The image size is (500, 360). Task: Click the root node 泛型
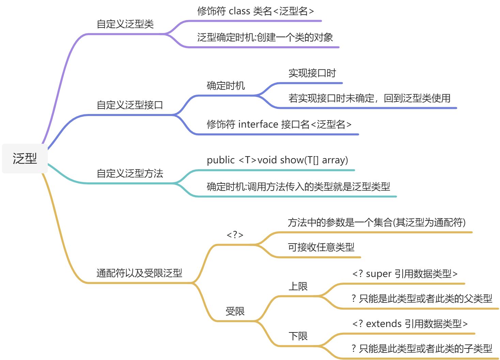point(25,159)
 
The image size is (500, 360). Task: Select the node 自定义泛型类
point(125,24)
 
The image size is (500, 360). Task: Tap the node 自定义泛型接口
point(130,105)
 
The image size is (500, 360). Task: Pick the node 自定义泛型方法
point(130,174)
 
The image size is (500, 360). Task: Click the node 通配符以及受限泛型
point(139,273)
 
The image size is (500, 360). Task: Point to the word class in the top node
point(239,11)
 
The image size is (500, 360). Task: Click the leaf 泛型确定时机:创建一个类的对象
point(265,37)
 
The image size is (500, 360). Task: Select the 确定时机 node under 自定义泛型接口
point(225,86)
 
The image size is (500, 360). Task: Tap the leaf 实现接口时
point(312,73)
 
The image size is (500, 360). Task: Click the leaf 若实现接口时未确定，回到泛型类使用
point(369,98)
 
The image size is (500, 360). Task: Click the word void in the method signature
point(267,160)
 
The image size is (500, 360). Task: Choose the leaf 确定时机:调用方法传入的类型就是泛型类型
point(298,186)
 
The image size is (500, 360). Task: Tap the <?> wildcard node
point(235,235)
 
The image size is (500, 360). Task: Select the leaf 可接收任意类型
point(321,247)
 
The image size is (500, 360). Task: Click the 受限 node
point(235,311)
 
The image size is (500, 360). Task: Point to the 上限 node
point(298,287)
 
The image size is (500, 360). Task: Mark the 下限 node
point(298,337)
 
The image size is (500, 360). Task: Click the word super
point(378,274)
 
